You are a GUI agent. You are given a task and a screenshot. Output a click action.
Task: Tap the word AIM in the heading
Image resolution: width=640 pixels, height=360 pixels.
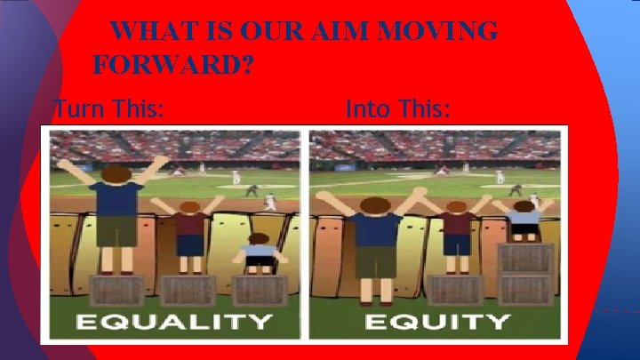pos(347,31)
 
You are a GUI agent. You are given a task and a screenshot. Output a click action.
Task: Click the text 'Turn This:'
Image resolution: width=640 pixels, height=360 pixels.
pos(108,111)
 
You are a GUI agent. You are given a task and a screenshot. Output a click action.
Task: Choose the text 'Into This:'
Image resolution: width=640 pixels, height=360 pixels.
pos(397,111)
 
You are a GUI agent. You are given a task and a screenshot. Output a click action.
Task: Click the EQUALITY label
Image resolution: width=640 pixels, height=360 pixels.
pos(172,321)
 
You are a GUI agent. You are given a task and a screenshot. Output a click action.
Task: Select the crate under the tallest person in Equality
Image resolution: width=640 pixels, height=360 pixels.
pos(117,290)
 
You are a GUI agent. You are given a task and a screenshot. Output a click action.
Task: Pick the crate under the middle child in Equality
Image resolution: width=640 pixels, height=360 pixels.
pos(188,290)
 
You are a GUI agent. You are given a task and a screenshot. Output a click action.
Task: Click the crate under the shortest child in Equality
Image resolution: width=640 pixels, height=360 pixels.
pos(259,290)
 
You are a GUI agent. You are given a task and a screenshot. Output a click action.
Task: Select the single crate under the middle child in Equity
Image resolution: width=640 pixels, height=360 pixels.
pos(455,291)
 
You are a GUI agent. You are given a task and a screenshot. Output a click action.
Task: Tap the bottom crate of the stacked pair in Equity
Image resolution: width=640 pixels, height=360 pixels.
pos(524,291)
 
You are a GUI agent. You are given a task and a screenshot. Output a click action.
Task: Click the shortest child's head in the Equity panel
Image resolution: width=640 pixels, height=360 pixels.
pos(524,206)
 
